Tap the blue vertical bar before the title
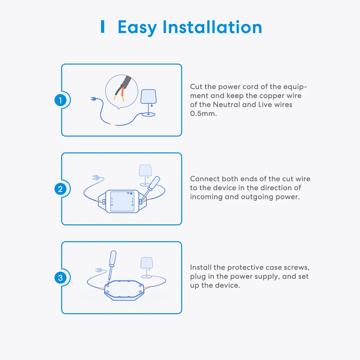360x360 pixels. (102, 27)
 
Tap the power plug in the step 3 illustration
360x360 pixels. (99, 269)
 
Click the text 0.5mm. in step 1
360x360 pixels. (203, 114)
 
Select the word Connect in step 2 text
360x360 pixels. (205, 179)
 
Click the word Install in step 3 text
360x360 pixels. (201, 267)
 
